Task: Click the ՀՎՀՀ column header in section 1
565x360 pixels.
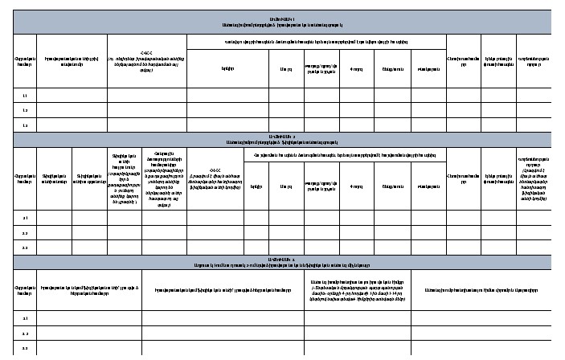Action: click(147, 60)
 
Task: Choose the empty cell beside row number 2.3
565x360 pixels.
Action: click(55, 248)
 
